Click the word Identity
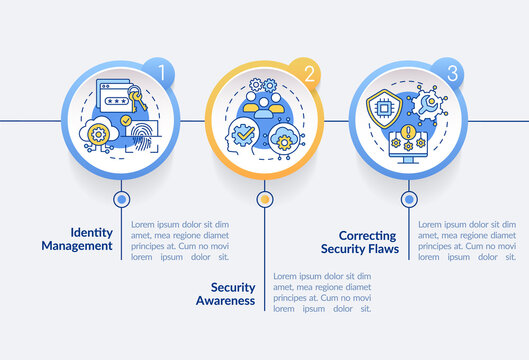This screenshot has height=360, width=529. pyautogui.click(x=91, y=230)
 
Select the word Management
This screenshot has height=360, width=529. pyautogui.click(x=77, y=245)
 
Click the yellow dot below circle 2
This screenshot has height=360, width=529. pyautogui.click(x=264, y=199)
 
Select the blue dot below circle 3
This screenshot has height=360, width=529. pyautogui.click(x=407, y=199)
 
